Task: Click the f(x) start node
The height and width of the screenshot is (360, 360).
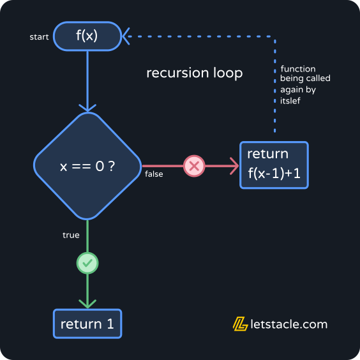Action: point(87,36)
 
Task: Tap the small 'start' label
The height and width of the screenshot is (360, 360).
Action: point(39,37)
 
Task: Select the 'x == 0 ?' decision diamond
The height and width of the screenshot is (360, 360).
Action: point(87,167)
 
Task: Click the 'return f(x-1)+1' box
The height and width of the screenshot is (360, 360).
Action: point(274,165)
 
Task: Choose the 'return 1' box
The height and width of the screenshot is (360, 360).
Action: point(87,324)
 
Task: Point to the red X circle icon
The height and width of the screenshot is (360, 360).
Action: point(194,167)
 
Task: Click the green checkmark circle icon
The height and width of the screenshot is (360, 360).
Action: point(87,262)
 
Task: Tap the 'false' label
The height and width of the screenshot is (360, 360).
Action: point(154,174)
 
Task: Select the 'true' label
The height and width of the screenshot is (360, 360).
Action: point(71,235)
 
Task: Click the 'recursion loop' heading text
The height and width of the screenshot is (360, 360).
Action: point(194,73)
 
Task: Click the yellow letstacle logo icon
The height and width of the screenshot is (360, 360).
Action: point(240,324)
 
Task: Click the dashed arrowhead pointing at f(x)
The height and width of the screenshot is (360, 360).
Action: point(128,36)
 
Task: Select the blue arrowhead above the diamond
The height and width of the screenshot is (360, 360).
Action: point(87,107)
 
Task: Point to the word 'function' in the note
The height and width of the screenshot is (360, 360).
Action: point(298,69)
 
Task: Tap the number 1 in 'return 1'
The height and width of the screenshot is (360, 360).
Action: point(110,324)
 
